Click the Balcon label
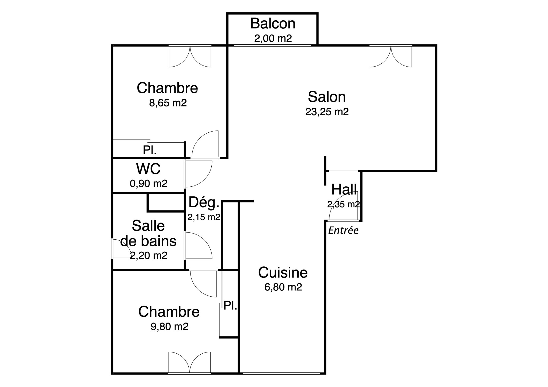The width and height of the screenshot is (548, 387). point(273,24)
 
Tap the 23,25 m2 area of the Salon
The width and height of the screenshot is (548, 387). point(327,112)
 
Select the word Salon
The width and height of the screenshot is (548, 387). point(327,97)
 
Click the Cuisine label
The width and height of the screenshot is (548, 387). point(283,273)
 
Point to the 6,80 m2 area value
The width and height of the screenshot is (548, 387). point(283,287)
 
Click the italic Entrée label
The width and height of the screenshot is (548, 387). point(343,230)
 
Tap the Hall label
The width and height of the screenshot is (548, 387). point(344,190)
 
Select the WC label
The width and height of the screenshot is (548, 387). point(148,169)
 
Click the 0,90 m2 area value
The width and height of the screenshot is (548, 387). point(149,183)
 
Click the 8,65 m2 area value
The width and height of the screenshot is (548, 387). point(168,103)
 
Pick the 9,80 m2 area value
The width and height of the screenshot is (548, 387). point(170,327)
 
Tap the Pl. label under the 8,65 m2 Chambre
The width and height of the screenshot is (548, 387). point(150,150)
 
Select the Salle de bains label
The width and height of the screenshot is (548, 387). point(148,233)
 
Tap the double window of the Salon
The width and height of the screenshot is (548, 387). point(391,56)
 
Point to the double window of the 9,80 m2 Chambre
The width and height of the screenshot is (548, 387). point(190,362)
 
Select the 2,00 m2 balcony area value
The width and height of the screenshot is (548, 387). point(273,39)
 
